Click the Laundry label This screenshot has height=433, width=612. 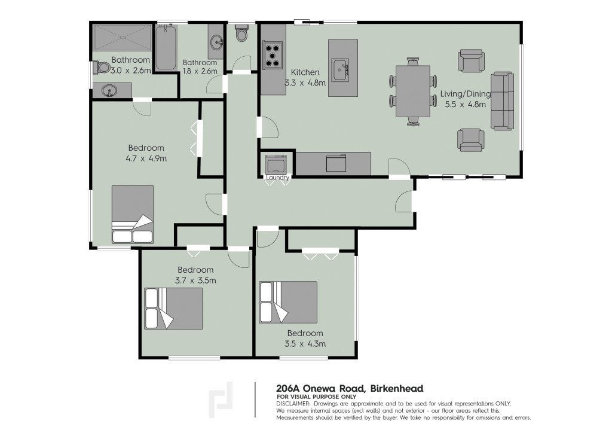(278, 178)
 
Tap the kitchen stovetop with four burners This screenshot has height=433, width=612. (273, 56)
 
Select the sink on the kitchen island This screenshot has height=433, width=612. (340, 71)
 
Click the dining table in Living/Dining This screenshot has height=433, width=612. (413, 91)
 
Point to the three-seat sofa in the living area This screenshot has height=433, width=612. (502, 100)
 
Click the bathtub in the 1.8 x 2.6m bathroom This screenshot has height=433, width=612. (166, 48)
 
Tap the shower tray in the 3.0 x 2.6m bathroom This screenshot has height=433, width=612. (122, 38)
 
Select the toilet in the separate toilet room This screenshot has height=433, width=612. (242, 33)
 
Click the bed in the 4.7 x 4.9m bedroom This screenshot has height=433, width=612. (132, 214)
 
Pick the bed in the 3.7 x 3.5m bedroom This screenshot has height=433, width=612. (173, 309)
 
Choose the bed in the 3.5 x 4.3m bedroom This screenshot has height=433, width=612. (288, 302)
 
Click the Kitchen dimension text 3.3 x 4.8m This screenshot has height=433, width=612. (305, 83)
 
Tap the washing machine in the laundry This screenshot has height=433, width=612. (278, 164)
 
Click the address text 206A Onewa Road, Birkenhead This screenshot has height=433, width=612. (350, 389)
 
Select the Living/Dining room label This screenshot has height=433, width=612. (465, 94)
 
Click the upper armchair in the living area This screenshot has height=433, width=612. (471, 60)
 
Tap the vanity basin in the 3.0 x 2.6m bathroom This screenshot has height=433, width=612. (110, 91)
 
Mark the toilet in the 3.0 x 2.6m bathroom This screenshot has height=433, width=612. (102, 67)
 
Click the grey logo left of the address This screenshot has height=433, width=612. (221, 400)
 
